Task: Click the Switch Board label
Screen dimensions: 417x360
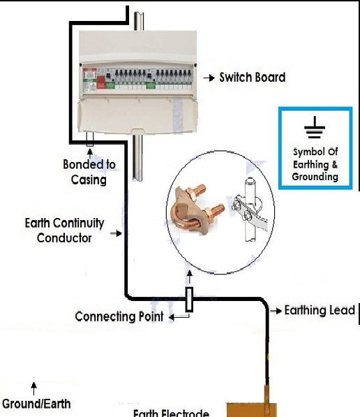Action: coord(252,78)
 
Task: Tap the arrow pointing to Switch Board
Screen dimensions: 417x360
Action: coord(208,78)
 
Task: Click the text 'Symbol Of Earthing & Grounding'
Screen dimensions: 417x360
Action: coord(315,164)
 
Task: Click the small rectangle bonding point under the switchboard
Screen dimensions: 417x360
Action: coord(89,138)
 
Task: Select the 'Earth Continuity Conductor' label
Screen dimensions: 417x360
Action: coord(64,231)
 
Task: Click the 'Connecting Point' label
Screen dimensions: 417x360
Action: coord(119,317)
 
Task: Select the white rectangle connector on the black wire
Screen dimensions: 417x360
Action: coord(188,299)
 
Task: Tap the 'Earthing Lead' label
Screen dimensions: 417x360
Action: coord(320,310)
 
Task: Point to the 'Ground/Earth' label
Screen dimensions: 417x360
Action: coord(36,404)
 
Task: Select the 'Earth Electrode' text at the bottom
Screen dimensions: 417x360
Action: coord(170,412)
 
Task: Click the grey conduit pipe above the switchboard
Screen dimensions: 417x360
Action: coord(141,17)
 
